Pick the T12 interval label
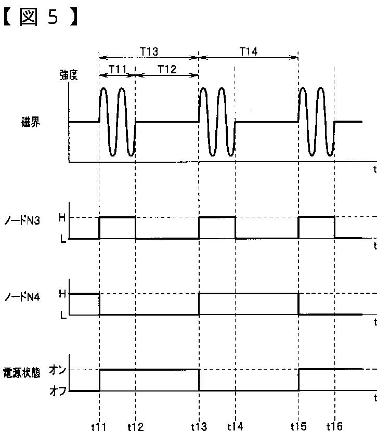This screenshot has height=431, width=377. click(166, 69)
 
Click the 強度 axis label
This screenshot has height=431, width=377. click(68, 75)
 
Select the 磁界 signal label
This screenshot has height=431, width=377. click(31, 122)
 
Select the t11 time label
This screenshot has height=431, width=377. click(98, 426)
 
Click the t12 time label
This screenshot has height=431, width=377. click(135, 426)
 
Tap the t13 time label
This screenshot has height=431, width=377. click(199, 426)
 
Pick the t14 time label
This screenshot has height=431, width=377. click(235, 426)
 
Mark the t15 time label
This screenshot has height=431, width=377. click(298, 426)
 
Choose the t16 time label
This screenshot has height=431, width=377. click(334, 426)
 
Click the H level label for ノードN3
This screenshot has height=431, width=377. click(62, 218)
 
